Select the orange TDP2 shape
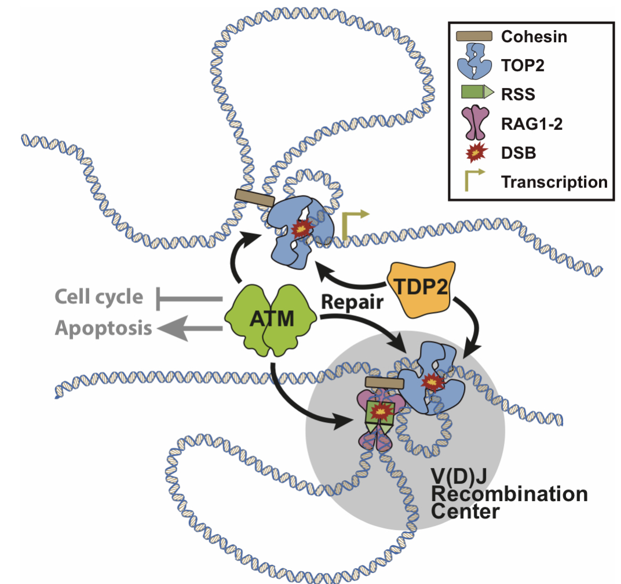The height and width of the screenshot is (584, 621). point(421,286)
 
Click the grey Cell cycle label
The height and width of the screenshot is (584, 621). point(99,298)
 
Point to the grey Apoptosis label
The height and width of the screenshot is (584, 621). point(104,328)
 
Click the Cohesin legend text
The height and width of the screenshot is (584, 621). point(534,37)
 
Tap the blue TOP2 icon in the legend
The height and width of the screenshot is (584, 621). point(473,64)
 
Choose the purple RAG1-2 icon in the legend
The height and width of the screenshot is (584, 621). point(473,122)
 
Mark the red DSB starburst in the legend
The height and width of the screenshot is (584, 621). point(473,153)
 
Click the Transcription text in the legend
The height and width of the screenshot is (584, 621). point(554,182)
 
